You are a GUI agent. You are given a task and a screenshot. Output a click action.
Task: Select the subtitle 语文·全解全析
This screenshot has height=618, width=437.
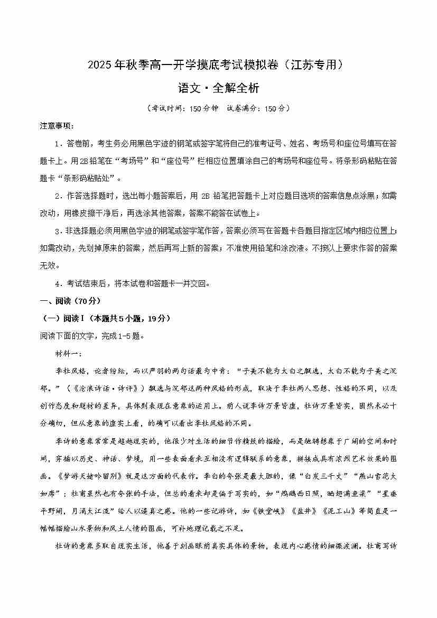click(218, 88)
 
